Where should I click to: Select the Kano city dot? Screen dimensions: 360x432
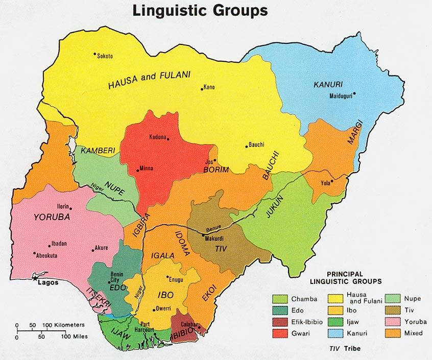pos(201,87)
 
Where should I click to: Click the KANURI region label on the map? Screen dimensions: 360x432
pos(328,84)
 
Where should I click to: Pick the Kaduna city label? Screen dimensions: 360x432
pos(158,136)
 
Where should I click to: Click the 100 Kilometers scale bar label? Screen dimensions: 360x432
pos(71,325)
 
